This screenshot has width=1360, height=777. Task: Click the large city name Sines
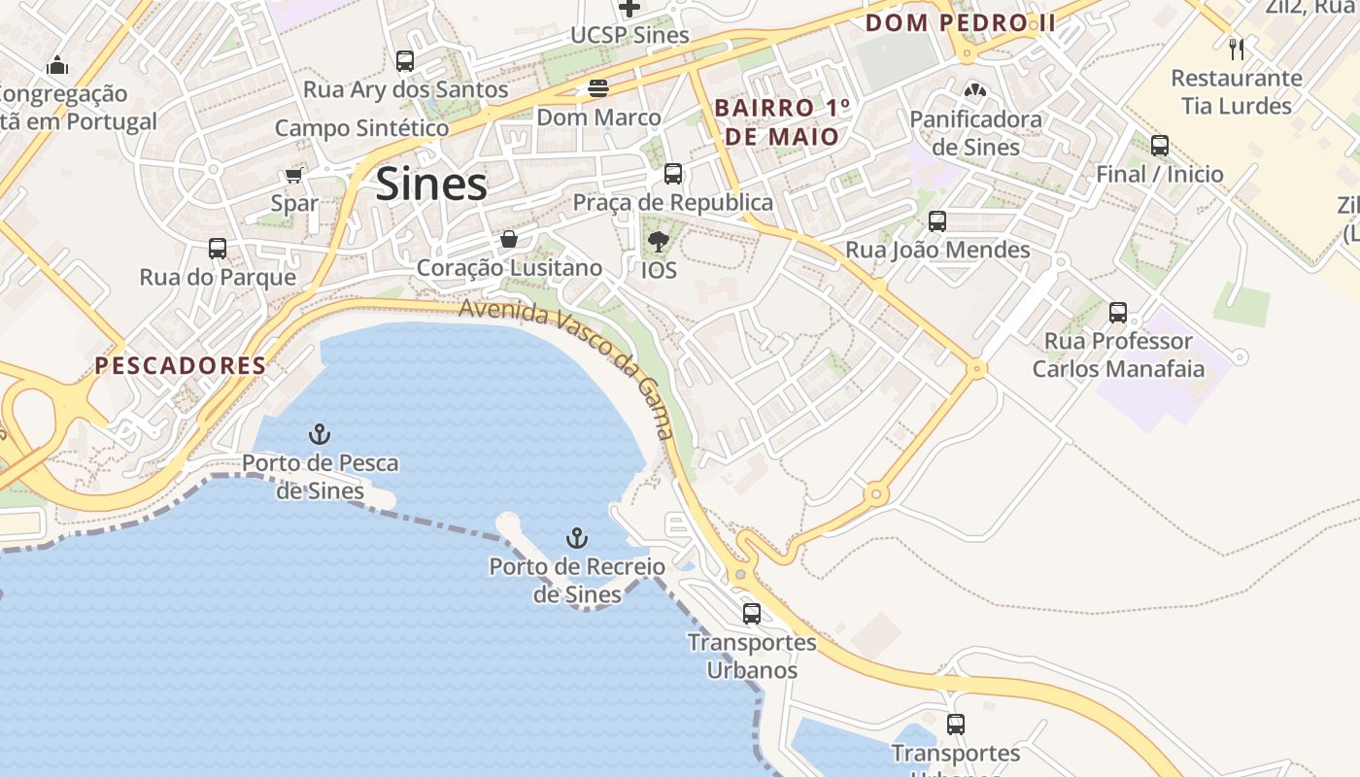tap(431, 184)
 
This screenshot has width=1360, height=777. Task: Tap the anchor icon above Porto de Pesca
tap(320, 434)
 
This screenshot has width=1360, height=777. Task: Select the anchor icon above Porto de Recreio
tap(577, 538)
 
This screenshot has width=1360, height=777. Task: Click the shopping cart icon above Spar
tap(293, 176)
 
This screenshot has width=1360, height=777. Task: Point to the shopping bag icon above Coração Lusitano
tap(508, 239)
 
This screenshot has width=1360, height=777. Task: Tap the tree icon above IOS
tap(659, 241)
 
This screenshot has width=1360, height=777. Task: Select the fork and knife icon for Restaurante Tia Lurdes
tap(1236, 49)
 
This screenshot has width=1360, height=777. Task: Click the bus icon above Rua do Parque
tap(218, 249)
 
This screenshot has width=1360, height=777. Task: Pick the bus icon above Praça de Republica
tap(672, 175)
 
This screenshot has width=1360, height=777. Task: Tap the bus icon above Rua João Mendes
tap(936, 221)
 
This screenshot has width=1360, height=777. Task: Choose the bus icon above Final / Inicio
tap(1159, 146)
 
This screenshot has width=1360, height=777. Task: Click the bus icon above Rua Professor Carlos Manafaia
tap(1118, 313)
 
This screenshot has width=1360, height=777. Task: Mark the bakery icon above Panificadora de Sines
tap(974, 91)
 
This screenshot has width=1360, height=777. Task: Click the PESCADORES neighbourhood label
tap(180, 366)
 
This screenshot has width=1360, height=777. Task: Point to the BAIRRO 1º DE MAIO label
tap(782, 122)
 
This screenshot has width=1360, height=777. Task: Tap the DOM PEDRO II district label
tap(960, 22)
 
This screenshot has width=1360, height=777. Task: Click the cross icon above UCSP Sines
tap(629, 8)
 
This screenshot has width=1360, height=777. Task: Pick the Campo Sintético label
tap(361, 128)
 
